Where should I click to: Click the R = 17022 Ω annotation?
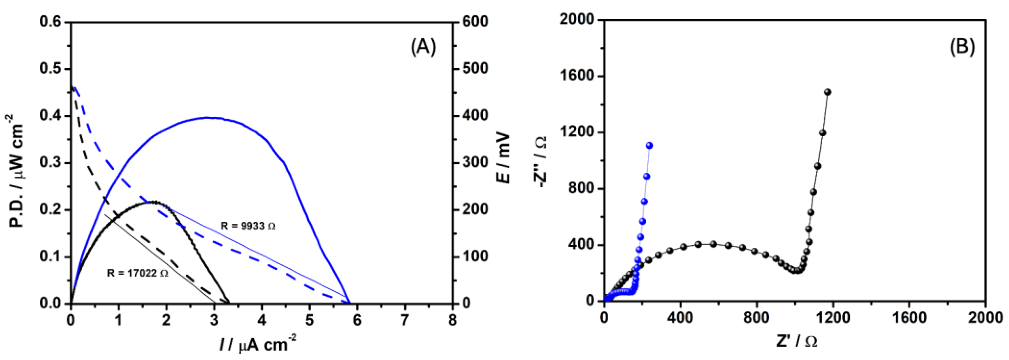(x=137, y=273)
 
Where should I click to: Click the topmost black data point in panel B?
(x=827, y=92)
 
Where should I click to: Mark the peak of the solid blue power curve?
(x=208, y=117)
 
